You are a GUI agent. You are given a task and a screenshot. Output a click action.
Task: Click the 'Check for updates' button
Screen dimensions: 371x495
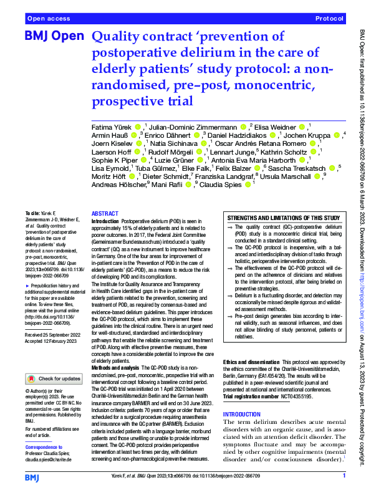pyautogui.click(x=54, y=378)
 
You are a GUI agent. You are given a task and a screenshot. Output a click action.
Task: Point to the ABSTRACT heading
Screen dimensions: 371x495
pyautogui.click(x=105, y=213)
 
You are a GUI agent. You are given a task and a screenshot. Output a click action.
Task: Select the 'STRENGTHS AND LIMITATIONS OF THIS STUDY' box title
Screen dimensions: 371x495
pyautogui.click(x=283, y=217)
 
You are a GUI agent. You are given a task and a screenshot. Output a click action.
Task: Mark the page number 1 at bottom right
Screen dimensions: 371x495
pyautogui.click(x=344, y=476)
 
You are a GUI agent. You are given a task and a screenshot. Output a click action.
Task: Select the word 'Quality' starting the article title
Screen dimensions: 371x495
pyautogui.click(x=118, y=37)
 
